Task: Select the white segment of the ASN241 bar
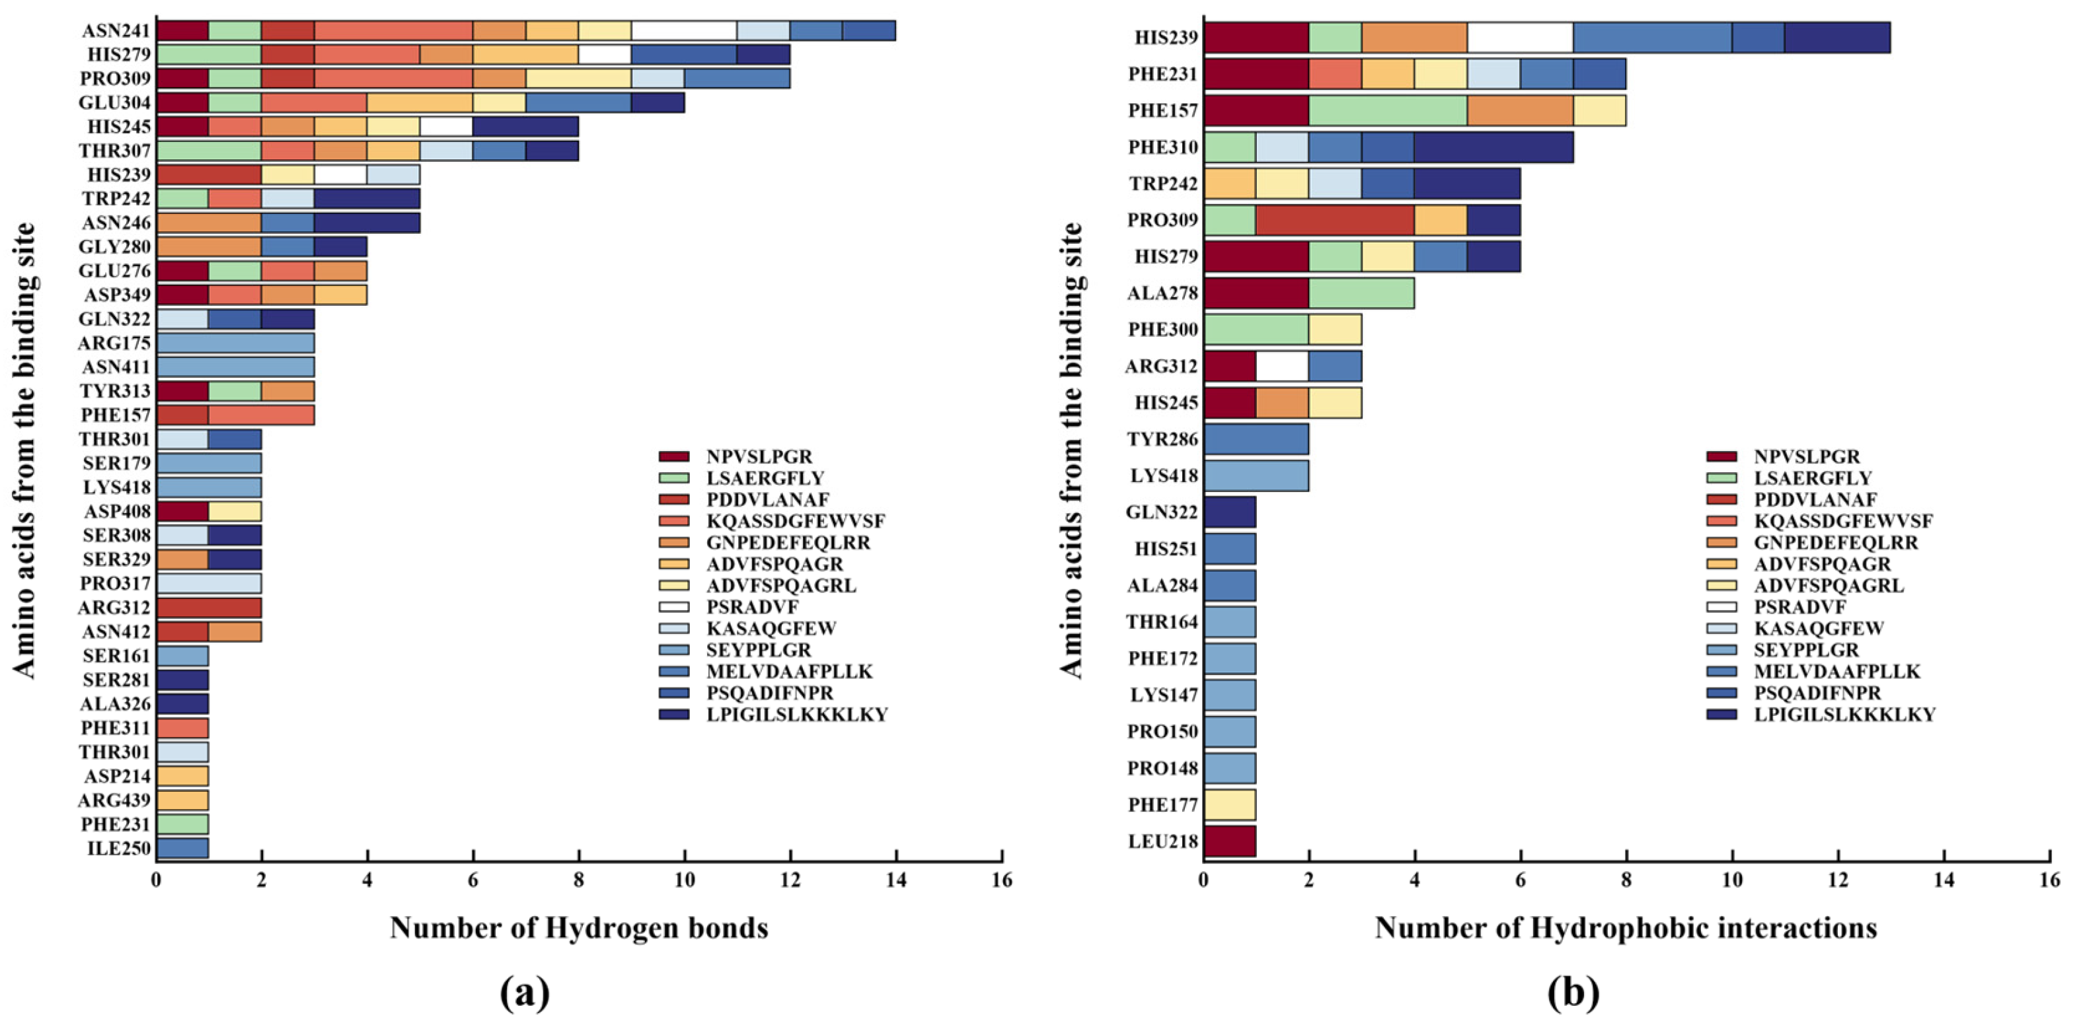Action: point(683,30)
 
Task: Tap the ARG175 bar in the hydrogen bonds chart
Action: point(235,343)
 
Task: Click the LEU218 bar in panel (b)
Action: point(1230,841)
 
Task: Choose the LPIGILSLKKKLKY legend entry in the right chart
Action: point(1821,715)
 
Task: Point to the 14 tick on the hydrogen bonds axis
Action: point(896,879)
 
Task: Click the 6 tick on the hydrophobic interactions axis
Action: point(1521,879)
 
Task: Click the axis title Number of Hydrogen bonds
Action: point(579,929)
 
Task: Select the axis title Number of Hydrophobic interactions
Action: point(1626,929)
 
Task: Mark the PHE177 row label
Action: point(1163,804)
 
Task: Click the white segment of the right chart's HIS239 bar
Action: point(1520,37)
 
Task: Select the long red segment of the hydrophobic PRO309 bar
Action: point(1335,220)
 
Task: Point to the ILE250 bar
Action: point(182,848)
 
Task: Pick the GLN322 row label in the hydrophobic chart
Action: point(1163,513)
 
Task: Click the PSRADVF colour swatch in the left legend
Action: point(674,607)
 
